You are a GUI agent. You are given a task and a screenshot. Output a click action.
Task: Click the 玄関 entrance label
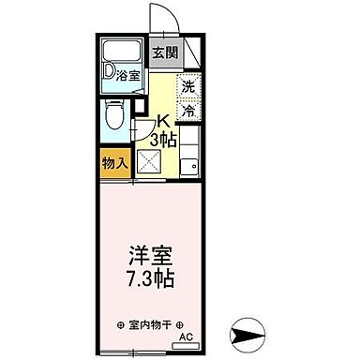point(164,52)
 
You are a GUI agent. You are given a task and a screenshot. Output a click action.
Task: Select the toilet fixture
point(112,116)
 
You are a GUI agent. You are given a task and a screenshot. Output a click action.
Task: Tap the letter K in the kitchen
point(162,122)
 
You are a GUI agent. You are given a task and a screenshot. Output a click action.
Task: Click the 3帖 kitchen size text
point(165,139)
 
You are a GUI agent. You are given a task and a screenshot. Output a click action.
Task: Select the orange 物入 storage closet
point(114,163)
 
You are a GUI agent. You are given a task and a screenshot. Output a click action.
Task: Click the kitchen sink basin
point(191,166)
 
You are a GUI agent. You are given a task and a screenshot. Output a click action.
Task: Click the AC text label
point(186,337)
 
